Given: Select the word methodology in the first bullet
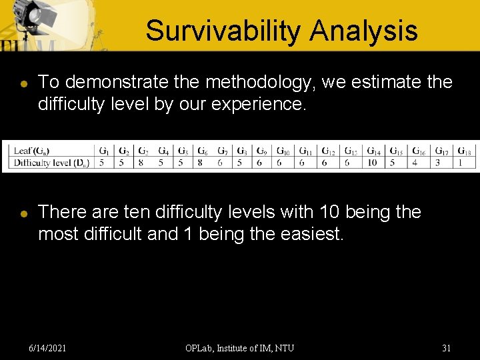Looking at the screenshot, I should (260, 83).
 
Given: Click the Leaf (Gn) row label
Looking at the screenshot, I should (31, 151).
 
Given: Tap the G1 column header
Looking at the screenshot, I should (103, 151).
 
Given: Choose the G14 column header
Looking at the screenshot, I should (373, 151).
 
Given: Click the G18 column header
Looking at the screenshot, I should (465, 151).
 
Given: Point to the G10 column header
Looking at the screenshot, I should (283, 151).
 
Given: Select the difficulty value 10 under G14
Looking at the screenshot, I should (372, 163).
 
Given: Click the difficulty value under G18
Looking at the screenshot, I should (461, 163).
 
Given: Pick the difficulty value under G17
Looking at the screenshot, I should (438, 163).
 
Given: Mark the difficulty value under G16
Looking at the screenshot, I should (415, 163).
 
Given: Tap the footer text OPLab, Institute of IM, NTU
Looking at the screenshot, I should (240, 348).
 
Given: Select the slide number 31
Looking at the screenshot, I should (447, 348).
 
